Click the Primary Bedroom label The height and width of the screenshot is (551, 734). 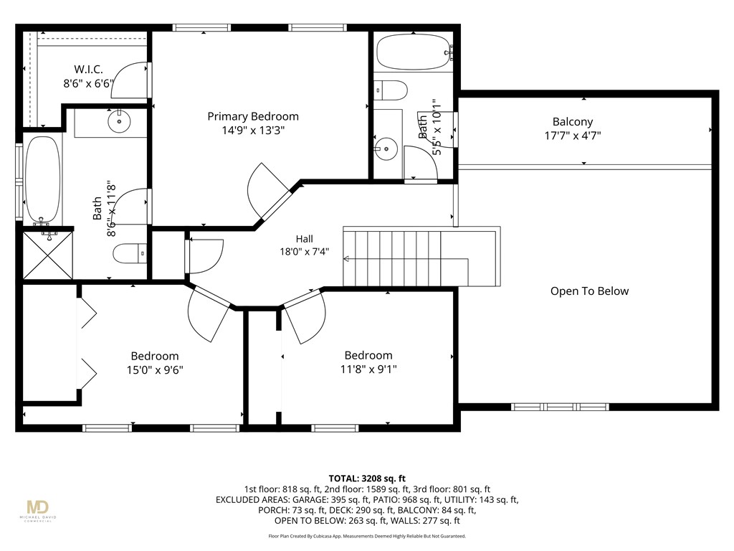click(x=253, y=116)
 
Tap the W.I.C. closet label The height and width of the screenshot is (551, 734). click(x=88, y=70)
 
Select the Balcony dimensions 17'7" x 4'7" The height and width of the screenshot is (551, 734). click(x=573, y=136)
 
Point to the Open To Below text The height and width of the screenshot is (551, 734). click(x=589, y=291)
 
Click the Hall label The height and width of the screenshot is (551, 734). click(x=304, y=239)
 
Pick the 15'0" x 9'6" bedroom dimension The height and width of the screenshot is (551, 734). click(x=155, y=370)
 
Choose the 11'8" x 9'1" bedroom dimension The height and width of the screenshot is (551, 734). click(x=368, y=369)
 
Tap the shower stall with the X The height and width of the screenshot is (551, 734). click(x=47, y=255)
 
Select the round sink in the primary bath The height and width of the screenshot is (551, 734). click(x=119, y=121)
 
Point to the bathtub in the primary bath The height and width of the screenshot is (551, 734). click(x=42, y=179)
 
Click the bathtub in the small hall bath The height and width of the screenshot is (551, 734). click(x=413, y=52)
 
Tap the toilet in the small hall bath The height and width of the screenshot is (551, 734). click(x=391, y=90)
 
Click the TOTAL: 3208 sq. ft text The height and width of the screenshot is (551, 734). click(x=367, y=479)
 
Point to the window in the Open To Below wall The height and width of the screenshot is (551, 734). click(x=560, y=407)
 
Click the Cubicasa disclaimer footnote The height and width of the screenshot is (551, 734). click(x=367, y=536)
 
